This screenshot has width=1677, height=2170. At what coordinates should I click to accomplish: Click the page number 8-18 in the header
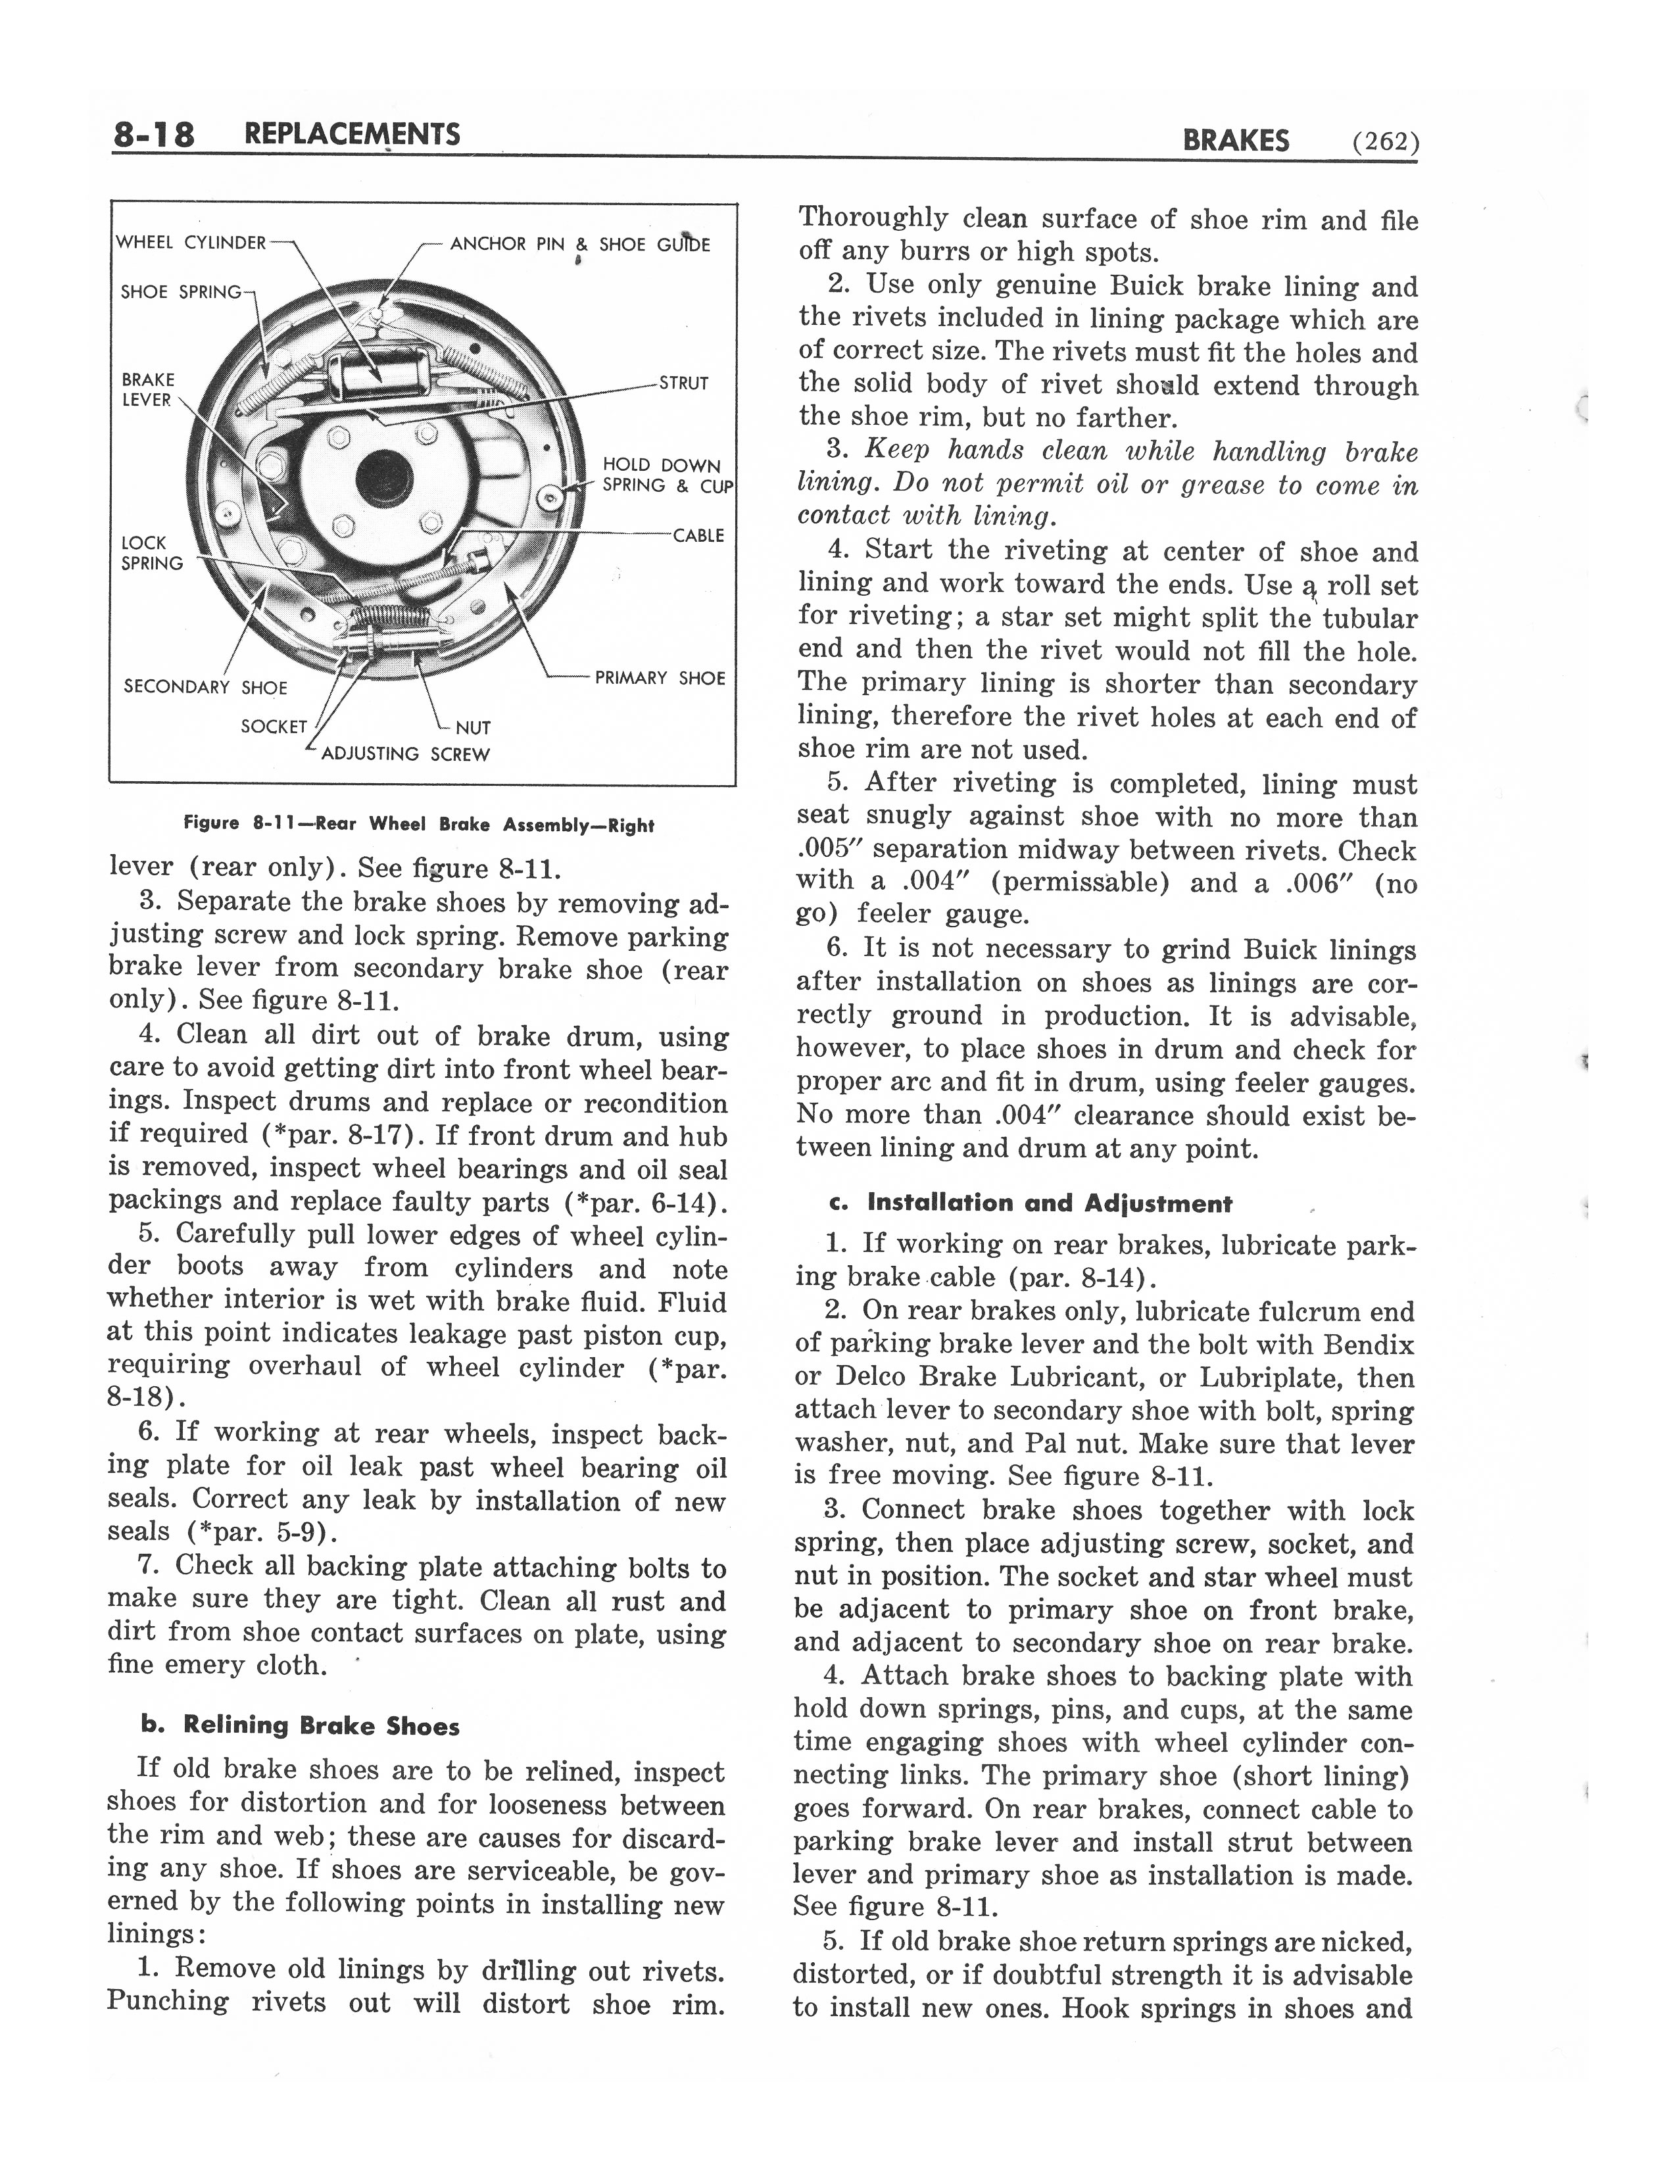click(154, 134)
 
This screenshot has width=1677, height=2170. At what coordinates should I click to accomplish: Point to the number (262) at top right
click(1385, 141)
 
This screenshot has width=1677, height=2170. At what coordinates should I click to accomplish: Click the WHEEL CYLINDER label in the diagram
click(191, 243)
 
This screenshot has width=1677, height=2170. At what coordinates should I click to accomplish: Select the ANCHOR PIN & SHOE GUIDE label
click(580, 245)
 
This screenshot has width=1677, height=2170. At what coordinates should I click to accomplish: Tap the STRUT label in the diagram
click(683, 383)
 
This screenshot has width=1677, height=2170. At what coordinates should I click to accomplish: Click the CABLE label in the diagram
click(698, 535)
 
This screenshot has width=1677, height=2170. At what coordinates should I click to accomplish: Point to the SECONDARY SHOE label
click(205, 687)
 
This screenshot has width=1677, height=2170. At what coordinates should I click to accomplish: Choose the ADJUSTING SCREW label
click(405, 754)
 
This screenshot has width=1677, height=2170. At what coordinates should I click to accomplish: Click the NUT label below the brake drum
click(473, 727)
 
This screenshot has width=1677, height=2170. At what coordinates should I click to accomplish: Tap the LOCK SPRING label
click(151, 552)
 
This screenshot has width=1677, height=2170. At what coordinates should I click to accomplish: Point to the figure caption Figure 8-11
click(418, 825)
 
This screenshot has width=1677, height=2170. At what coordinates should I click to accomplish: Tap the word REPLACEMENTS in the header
click(352, 134)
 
